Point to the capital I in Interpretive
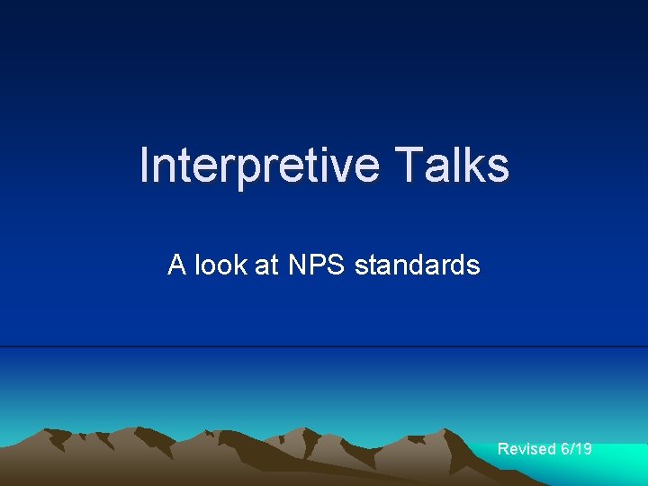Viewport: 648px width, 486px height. coord(145,166)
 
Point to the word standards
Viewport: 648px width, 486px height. coord(417,265)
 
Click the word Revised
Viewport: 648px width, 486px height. coord(527,448)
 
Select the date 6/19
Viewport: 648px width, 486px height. coord(577,448)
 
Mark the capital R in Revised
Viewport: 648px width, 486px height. coord(503,448)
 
